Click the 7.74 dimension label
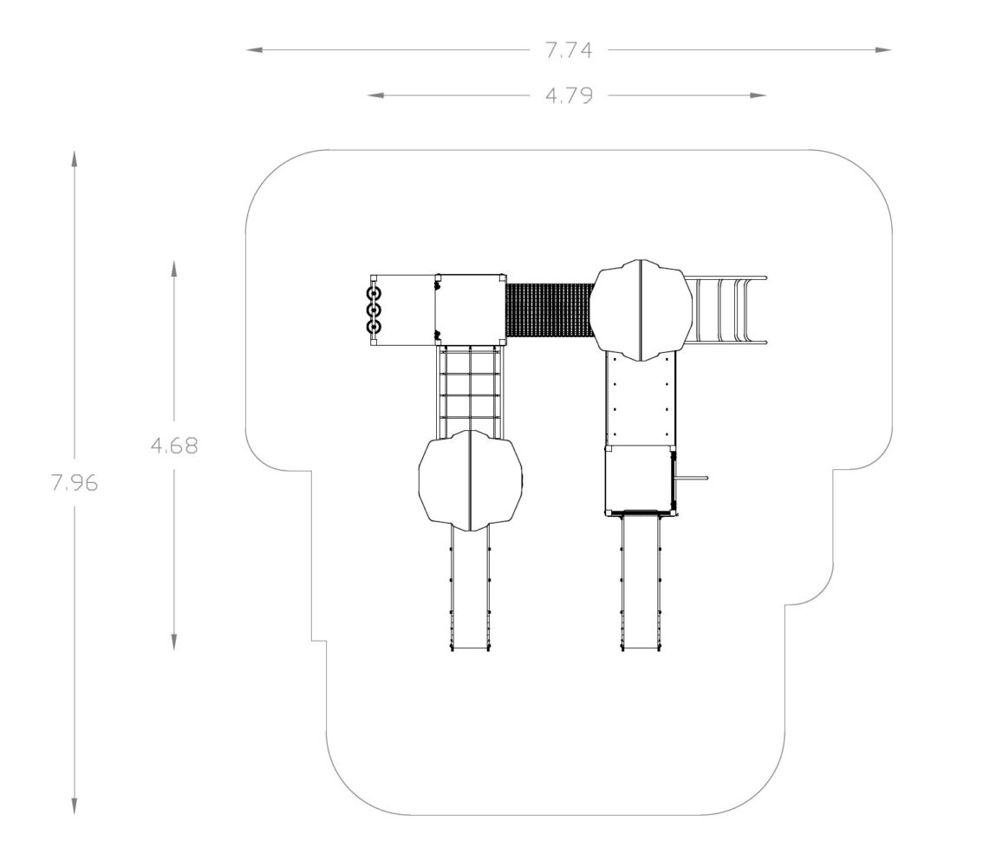point(569,50)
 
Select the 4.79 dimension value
point(569,95)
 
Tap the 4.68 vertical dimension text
point(174,445)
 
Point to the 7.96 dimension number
point(75,483)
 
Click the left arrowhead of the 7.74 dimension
point(254,49)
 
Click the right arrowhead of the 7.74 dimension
point(883,49)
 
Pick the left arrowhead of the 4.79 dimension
point(375,95)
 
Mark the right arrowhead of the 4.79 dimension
point(758,95)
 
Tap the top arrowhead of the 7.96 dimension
point(74,159)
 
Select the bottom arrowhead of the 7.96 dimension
point(74,806)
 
